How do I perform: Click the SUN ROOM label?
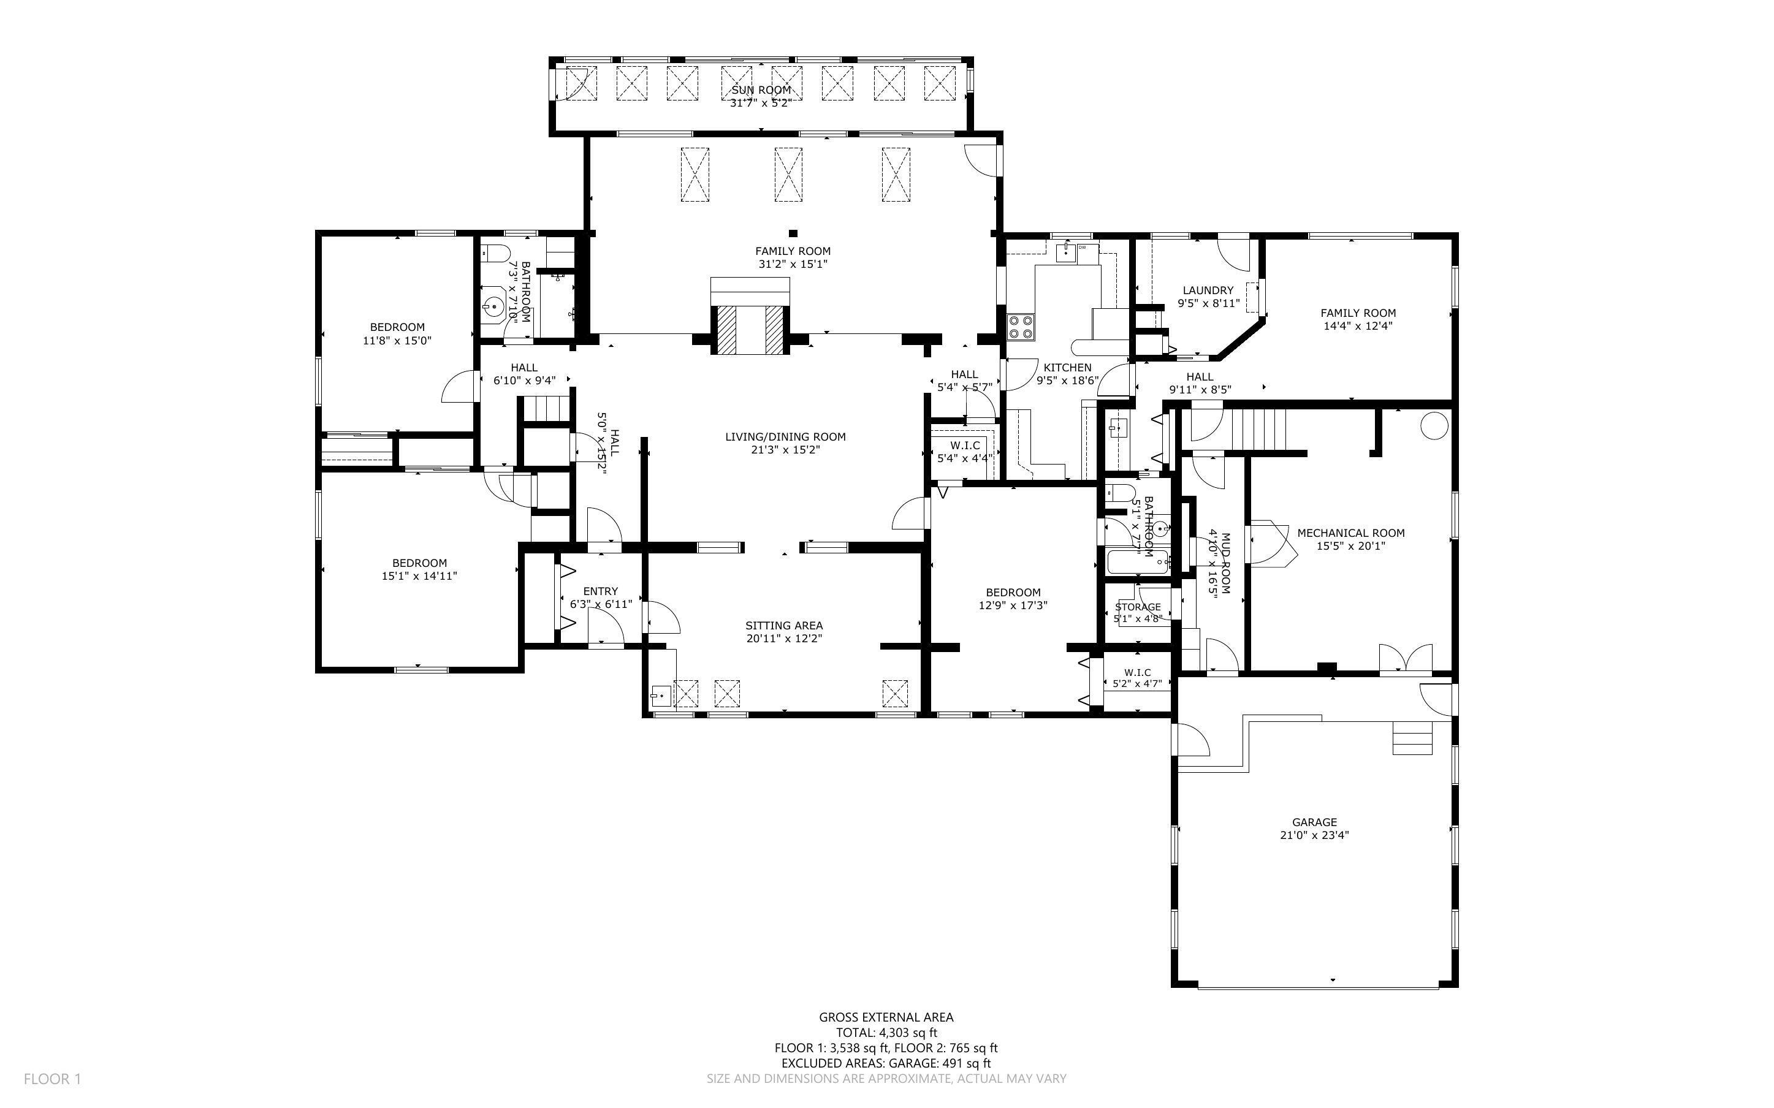(761, 90)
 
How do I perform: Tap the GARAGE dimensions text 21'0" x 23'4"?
(1314, 835)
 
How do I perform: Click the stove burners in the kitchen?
(1021, 326)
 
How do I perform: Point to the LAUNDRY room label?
(1208, 290)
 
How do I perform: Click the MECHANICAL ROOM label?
(1350, 533)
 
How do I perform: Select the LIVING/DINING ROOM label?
(785, 437)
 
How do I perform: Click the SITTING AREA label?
(783, 625)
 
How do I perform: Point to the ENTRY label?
(600, 591)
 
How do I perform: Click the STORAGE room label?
(1137, 607)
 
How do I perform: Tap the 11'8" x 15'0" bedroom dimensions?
(397, 340)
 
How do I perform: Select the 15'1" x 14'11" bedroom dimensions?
(419, 576)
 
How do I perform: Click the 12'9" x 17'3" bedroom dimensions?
(1013, 605)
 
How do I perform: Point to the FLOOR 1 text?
(52, 1079)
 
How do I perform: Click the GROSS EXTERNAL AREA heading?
(885, 1017)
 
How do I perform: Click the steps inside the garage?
(1411, 738)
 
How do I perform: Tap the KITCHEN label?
(1067, 367)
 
